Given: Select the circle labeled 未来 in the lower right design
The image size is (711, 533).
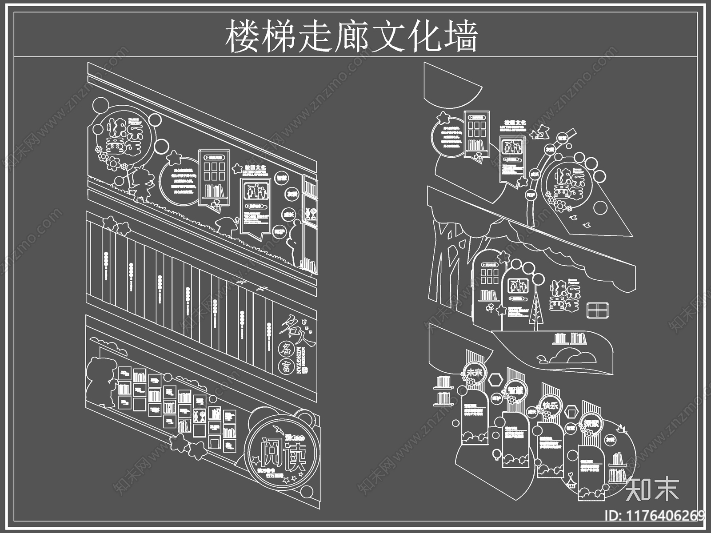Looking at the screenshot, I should click(474, 373).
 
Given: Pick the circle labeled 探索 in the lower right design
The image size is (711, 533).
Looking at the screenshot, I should click(591, 423).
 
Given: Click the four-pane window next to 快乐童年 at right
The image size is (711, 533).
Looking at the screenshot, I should click(598, 310).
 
